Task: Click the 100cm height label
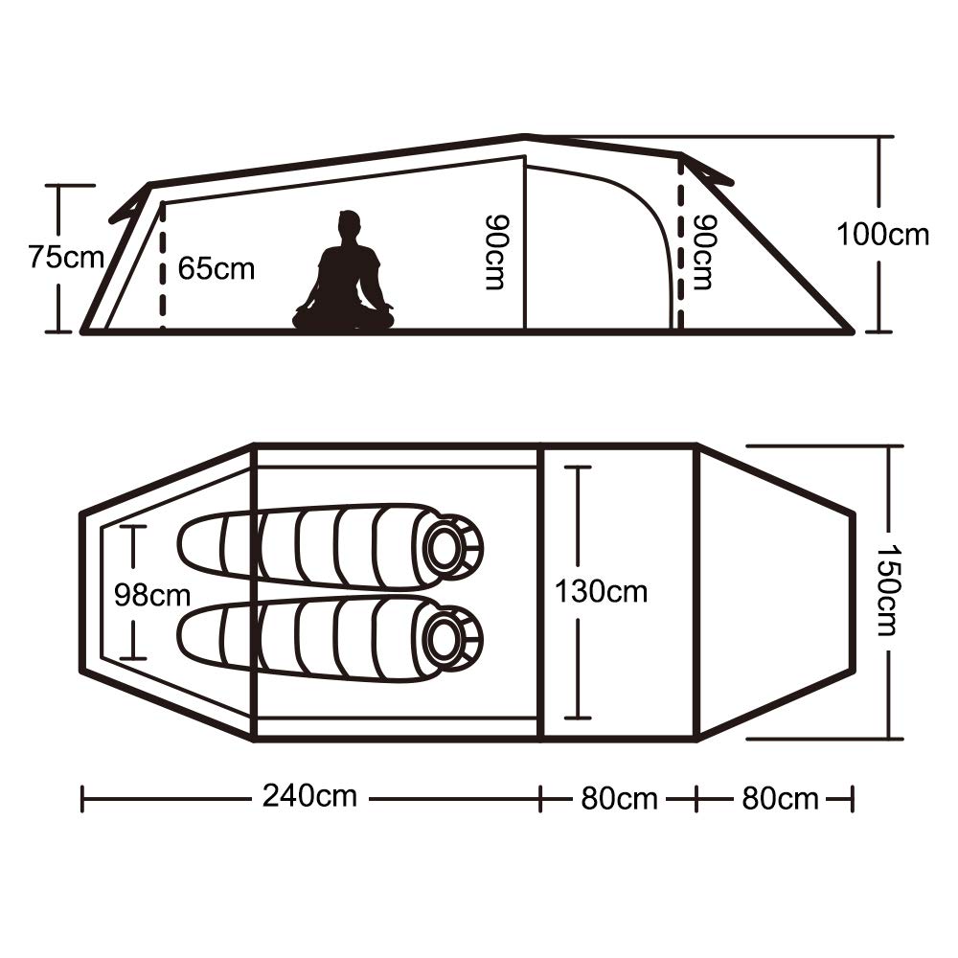[x=882, y=235]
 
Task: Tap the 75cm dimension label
[x=66, y=257]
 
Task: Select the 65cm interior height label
[x=216, y=269]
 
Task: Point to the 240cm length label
[x=309, y=795]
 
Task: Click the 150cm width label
[x=887, y=590]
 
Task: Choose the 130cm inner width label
[x=601, y=591]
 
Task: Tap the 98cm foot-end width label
[x=152, y=595]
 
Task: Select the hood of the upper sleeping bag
[x=451, y=547]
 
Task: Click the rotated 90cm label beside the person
[x=496, y=252]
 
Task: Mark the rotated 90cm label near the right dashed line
[x=704, y=252]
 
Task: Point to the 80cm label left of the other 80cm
[x=618, y=799]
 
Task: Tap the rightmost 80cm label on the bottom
[x=780, y=799]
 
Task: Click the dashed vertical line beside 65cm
[x=163, y=265]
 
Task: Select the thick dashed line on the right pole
[x=680, y=243]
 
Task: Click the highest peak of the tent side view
[x=524, y=135]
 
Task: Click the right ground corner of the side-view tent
[x=851, y=331]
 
